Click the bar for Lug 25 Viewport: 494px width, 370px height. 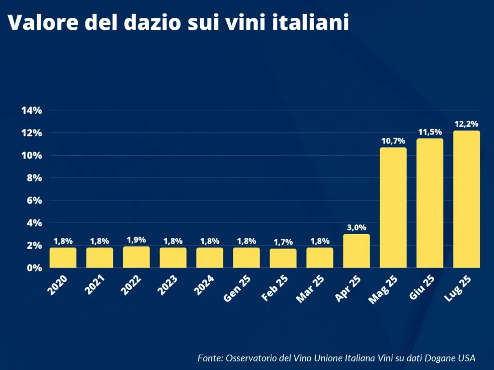466,199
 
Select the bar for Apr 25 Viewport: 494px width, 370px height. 356,251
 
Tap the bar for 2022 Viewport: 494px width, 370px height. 136,257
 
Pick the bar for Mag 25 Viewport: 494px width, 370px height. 393,208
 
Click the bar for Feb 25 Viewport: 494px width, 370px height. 283,258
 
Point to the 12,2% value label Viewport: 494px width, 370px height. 466,124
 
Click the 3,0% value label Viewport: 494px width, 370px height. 356,227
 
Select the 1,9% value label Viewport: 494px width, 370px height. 136,240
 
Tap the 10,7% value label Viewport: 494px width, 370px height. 393,141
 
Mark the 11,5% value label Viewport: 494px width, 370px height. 429,132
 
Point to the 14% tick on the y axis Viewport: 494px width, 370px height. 32,110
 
